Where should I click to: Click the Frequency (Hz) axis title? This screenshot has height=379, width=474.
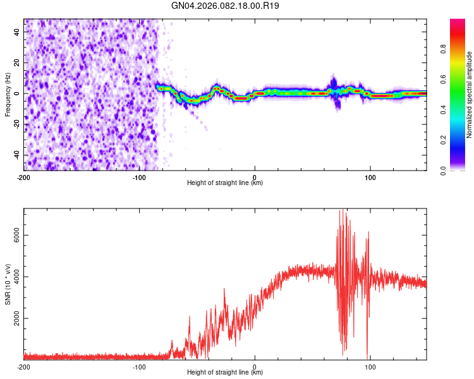[8, 94]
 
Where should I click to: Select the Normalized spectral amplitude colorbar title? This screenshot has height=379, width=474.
[470, 95]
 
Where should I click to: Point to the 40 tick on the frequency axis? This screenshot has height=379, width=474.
[17, 32]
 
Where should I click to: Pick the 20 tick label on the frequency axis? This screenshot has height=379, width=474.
[17, 63]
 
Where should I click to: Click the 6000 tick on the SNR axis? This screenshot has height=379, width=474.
[14, 235]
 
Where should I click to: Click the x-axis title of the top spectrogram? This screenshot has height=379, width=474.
[225, 183]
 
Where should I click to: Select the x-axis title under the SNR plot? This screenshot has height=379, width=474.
[225, 373]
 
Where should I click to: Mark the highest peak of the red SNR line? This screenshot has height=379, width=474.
[343, 209]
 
